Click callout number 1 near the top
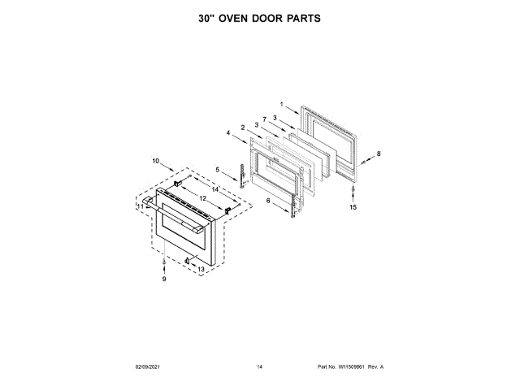pos(281,105)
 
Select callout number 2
pos(242,127)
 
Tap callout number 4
pos(228,132)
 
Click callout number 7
pos(264,119)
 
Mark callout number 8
pos(377,154)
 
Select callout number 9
pos(163,279)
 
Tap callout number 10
pos(155,161)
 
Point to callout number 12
pos(203,198)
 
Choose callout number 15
pos(353,207)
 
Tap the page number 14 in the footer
pos(260,367)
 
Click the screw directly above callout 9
pos(163,265)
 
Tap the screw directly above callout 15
pos(353,192)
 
